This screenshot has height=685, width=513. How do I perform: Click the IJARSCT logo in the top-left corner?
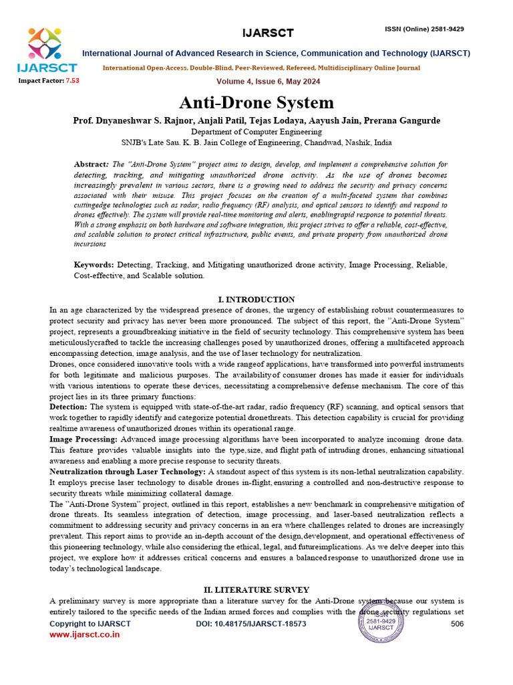click(47, 50)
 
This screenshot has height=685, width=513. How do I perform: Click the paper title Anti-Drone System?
click(256, 103)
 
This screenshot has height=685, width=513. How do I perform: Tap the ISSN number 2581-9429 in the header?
click(443, 29)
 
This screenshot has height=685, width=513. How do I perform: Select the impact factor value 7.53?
click(71, 80)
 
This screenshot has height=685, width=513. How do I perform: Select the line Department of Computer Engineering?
click(256, 132)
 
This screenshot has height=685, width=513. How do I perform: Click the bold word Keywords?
click(94, 266)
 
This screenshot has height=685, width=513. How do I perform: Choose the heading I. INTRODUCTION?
click(256, 299)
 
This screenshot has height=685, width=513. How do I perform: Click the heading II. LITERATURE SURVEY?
click(256, 589)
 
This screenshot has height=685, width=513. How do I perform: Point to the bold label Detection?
click(68, 407)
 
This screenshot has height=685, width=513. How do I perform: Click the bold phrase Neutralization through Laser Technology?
click(128, 471)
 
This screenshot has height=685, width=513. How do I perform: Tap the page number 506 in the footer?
click(457, 623)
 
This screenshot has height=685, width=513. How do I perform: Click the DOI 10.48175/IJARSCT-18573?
click(250, 623)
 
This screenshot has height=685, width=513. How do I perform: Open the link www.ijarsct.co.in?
click(85, 634)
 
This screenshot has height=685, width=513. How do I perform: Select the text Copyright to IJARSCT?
click(90, 623)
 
